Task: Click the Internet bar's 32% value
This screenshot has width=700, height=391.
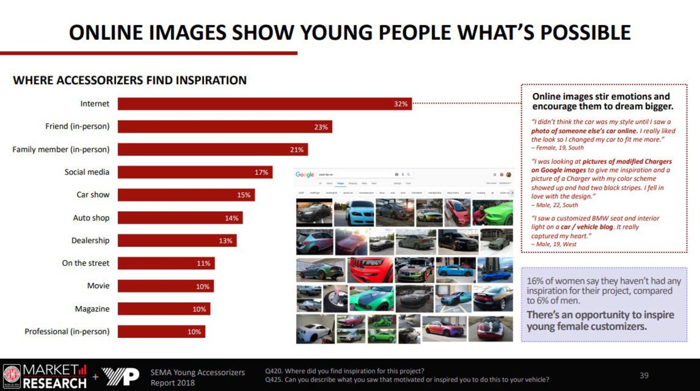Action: click(400, 104)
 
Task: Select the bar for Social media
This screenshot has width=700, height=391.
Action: click(195, 172)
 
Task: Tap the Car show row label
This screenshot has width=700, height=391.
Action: click(93, 195)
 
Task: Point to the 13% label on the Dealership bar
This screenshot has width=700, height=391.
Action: click(225, 241)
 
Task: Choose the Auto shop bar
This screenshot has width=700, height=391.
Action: click(180, 218)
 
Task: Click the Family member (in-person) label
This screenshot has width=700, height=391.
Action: click(61, 150)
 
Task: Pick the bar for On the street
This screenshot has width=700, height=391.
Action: click(166, 263)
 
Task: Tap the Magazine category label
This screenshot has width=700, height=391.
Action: click(92, 309)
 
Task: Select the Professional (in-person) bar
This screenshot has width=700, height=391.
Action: click(161, 332)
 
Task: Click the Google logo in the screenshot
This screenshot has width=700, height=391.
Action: click(304, 175)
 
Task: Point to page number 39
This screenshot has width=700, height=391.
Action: click(644, 375)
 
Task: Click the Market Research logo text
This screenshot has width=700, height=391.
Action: click(55, 376)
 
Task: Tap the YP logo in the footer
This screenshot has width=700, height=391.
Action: click(121, 376)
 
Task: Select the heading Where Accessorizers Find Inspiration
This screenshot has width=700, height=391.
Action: click(130, 80)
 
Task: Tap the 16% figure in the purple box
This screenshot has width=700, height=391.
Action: click(535, 281)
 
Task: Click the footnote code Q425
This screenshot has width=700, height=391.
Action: click(273, 380)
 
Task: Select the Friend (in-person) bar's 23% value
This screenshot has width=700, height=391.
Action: click(321, 127)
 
